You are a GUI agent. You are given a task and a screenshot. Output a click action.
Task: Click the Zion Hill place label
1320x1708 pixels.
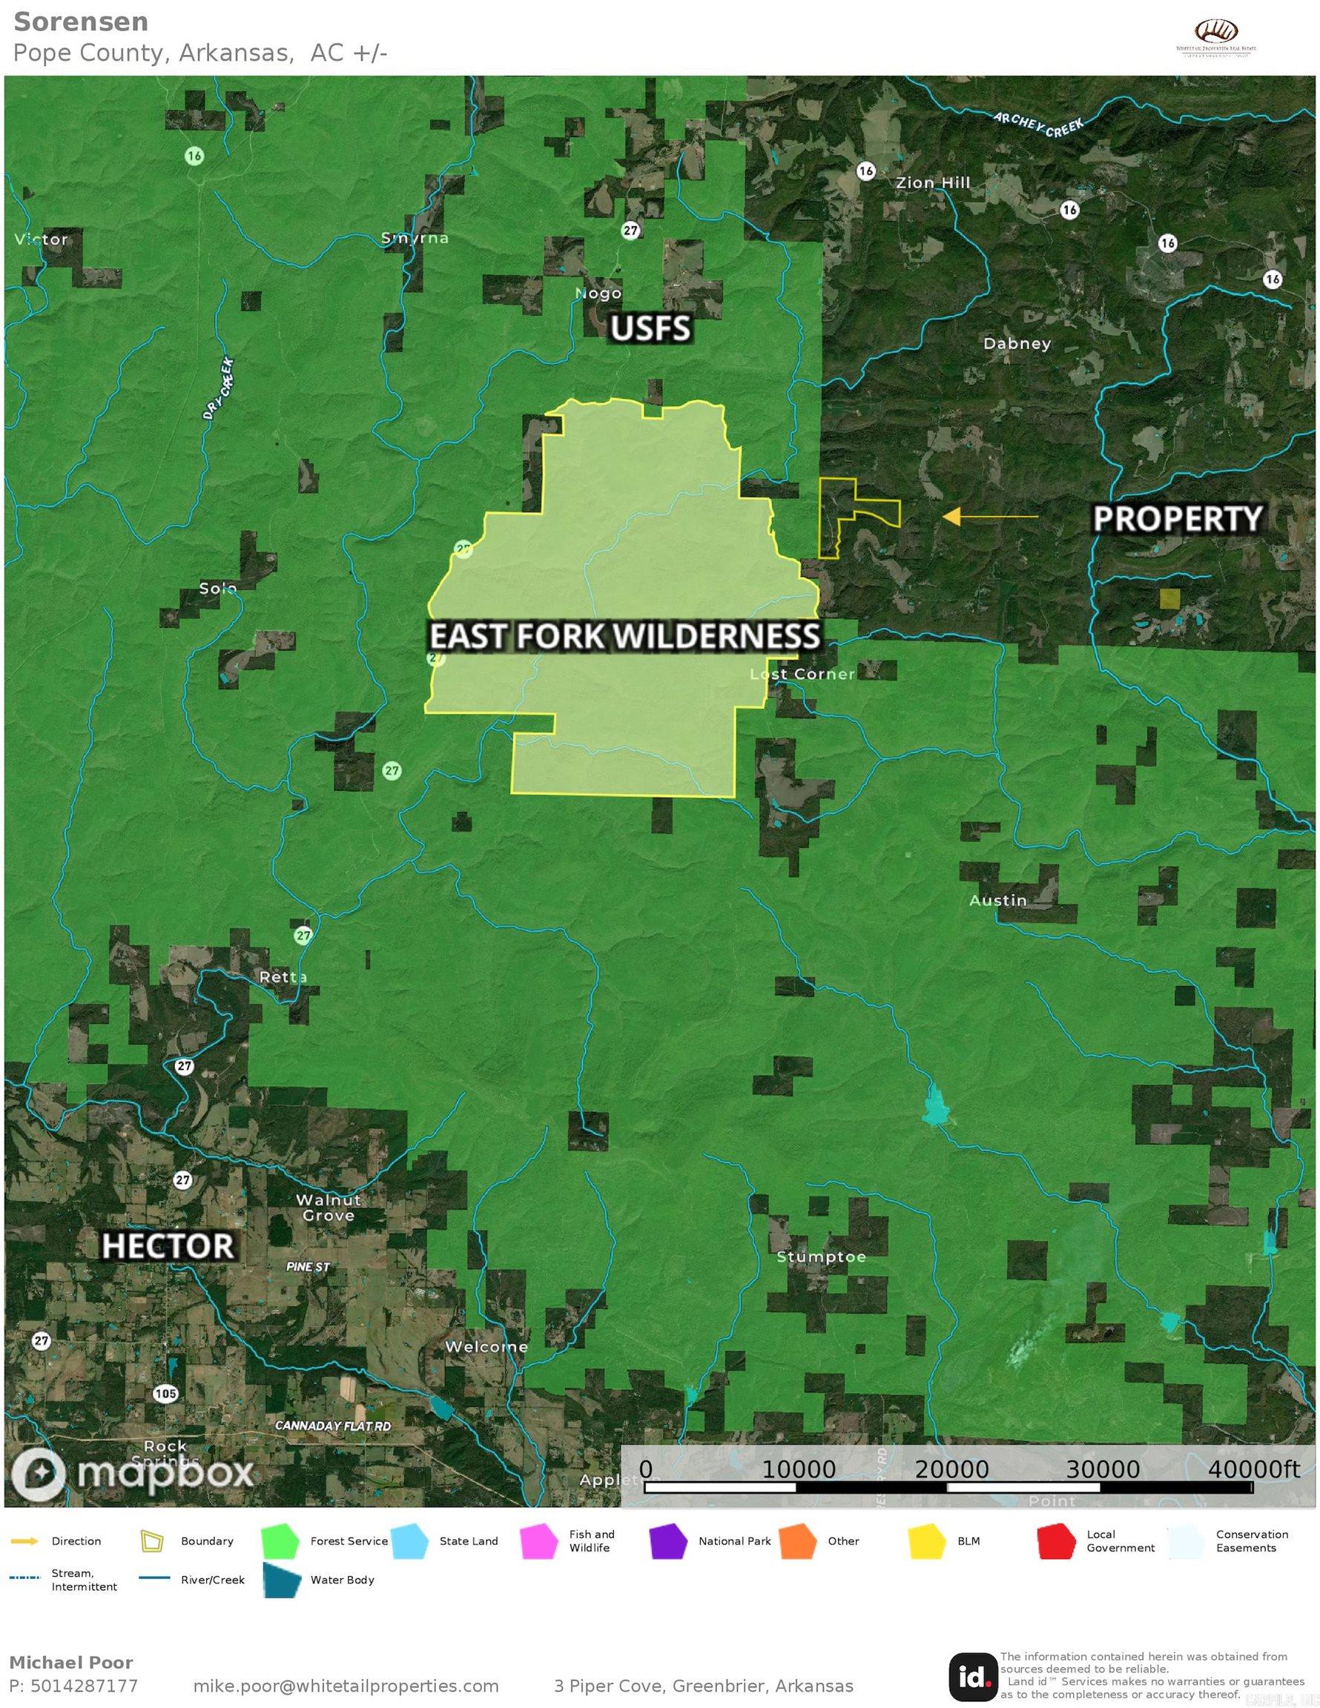tap(933, 183)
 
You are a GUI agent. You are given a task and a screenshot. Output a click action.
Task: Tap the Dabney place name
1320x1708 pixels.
tap(1017, 343)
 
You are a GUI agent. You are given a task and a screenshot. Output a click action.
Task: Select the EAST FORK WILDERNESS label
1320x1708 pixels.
tap(624, 637)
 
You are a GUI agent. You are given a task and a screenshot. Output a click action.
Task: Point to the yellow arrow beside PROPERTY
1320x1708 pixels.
tap(990, 517)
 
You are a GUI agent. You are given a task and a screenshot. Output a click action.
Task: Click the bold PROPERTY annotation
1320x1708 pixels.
tap(1177, 518)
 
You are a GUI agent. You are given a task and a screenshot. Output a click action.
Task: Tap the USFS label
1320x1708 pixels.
tap(650, 329)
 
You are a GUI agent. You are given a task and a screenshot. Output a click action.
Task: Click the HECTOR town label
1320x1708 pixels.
tap(168, 1246)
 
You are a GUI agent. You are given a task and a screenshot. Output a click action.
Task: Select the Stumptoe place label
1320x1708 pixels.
tap(821, 1257)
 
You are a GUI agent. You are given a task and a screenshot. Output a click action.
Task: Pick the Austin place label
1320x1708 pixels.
tap(997, 900)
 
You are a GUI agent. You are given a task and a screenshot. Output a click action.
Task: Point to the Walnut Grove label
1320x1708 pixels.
tap(329, 1208)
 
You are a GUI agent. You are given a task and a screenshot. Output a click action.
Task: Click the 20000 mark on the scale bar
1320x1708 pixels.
tap(951, 1469)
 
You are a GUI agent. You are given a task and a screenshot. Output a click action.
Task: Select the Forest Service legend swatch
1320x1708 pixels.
tap(283, 1540)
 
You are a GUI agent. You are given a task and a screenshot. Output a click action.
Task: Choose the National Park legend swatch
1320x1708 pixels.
tap(670, 1540)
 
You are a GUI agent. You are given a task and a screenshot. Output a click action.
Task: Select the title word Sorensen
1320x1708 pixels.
tap(82, 22)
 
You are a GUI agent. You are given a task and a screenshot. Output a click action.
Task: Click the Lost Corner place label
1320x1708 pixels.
tap(803, 674)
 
